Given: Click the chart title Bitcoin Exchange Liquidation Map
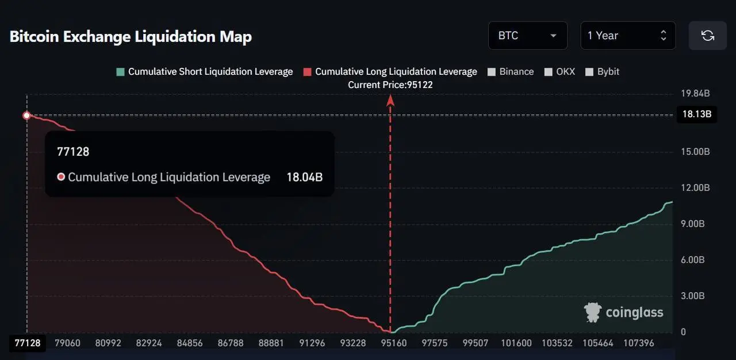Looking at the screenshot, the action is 131,36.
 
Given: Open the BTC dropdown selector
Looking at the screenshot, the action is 528,36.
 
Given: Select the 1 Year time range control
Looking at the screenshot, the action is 628,36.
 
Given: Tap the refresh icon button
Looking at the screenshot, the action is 707,36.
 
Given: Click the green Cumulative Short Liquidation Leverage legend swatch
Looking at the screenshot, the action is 120,72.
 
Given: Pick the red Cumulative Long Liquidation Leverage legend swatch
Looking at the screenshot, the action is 307,72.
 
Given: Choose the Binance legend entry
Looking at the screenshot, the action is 511,72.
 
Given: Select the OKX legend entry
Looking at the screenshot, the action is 559,72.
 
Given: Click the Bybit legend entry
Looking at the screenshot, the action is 602,72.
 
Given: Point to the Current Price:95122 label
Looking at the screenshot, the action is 390,85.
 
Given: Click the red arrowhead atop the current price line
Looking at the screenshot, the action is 390,101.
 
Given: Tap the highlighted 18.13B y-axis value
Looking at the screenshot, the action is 697,114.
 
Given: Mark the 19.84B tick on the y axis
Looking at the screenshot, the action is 695,93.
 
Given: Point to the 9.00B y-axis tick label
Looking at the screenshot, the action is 693,224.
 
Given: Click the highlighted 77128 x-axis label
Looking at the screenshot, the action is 28,343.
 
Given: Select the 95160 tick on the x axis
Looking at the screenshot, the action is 394,343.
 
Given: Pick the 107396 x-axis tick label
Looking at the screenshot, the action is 639,343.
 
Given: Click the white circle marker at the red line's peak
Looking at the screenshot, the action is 26,115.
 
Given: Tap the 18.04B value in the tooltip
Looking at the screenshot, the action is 305,177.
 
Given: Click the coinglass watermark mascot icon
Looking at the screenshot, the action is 593,312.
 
